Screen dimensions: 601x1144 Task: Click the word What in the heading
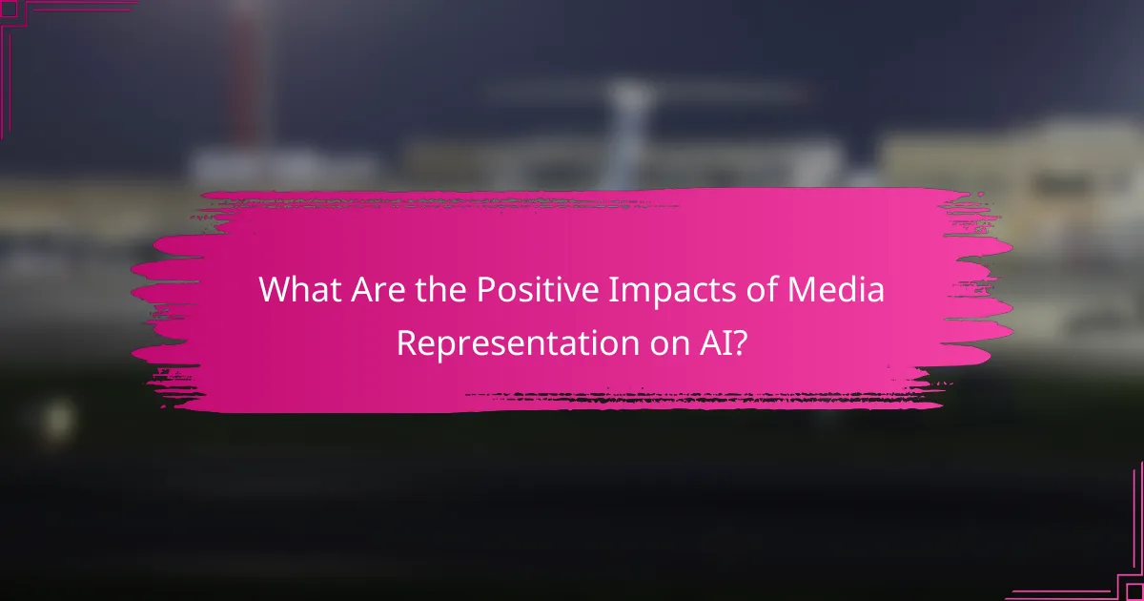[296, 290]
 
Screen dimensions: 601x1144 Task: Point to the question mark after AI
[741, 342]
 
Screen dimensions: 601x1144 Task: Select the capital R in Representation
[406, 342]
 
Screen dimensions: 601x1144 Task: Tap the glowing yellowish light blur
[57, 418]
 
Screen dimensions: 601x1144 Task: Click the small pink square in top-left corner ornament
[9, 10]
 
